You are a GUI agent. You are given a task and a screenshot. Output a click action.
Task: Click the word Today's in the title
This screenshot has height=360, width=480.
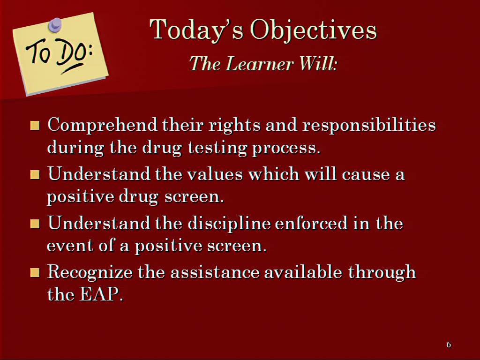tap(196, 30)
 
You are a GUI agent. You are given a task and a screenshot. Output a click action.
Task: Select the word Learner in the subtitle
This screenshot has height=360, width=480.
tap(260, 64)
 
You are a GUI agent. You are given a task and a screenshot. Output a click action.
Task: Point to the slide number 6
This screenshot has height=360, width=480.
tap(449, 345)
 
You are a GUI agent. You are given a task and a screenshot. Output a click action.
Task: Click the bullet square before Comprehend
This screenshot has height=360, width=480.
tap(35, 126)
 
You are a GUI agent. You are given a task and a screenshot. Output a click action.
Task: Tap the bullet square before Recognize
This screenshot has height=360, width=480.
tap(35, 272)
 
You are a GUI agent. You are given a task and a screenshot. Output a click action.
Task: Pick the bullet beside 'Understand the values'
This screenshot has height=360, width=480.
tap(35, 175)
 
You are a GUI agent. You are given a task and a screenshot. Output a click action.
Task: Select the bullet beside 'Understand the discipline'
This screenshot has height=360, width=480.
tap(35, 224)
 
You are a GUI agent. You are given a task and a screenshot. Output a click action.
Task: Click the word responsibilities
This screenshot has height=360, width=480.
tap(369, 125)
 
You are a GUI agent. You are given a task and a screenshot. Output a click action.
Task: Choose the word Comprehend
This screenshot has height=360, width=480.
tap(102, 125)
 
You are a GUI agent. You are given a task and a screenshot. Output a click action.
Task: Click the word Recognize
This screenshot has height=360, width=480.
tap(90, 272)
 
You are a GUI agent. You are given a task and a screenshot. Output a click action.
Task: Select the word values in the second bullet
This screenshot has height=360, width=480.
tap(215, 174)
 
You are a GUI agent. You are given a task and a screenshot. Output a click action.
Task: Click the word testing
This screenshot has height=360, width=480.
tap(217, 148)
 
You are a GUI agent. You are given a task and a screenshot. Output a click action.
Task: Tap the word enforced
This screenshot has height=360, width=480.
tap(311, 223)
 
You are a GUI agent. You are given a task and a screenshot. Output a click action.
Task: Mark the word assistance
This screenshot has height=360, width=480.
tap(215, 272)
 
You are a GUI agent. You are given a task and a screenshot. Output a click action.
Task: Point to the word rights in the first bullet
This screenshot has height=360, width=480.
tap(234, 125)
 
